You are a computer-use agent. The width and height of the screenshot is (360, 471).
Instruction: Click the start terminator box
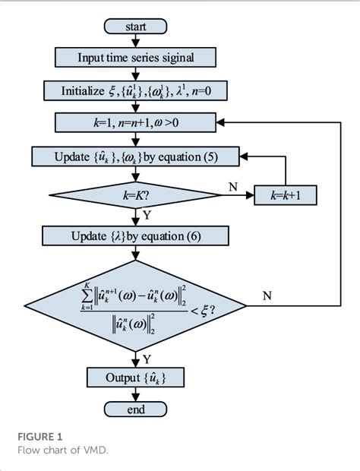pyautogui.click(x=135, y=27)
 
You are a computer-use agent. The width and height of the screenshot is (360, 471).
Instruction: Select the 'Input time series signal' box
pyautogui.click(x=135, y=58)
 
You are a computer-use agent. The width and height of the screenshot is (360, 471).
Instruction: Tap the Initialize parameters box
pyautogui.click(x=135, y=90)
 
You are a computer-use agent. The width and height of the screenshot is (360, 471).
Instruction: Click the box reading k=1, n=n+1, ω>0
pyautogui.click(x=135, y=122)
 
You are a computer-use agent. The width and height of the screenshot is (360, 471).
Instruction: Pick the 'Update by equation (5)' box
pyautogui.click(x=135, y=157)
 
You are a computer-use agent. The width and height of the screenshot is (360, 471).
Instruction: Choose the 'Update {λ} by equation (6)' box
pyautogui.click(x=135, y=236)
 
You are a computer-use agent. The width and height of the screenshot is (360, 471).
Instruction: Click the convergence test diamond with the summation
pyautogui.click(x=135, y=305)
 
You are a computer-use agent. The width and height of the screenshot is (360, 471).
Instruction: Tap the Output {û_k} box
pyautogui.click(x=135, y=377)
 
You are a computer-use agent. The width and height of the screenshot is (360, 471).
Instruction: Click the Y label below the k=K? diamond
pyautogui.click(x=146, y=216)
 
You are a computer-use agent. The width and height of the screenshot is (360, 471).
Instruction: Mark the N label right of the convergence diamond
pyautogui.click(x=267, y=296)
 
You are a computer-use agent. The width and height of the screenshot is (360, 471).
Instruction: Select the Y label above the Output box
pyautogui.click(x=146, y=357)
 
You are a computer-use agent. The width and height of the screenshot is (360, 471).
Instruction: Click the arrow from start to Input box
pyautogui.click(x=135, y=42)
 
